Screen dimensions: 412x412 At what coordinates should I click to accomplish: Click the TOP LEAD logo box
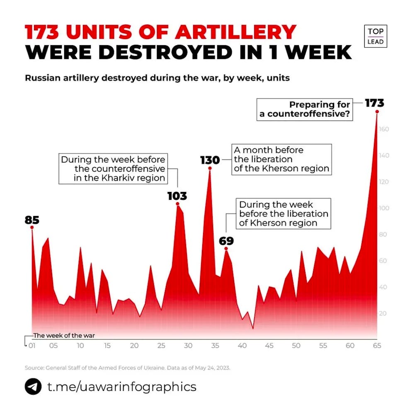point(376,36)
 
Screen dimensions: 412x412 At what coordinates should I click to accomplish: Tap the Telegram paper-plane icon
point(33,387)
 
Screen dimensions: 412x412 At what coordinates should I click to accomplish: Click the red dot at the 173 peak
point(377,111)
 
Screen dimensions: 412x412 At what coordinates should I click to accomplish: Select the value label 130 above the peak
point(210,160)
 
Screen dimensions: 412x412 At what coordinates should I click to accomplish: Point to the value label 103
point(177,196)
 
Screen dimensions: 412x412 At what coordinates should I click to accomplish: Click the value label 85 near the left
point(32,220)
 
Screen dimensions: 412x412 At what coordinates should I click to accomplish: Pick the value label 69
point(226,241)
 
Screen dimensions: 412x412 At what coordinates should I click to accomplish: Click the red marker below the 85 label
point(32,228)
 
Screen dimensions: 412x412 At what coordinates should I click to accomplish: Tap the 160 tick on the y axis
point(383,129)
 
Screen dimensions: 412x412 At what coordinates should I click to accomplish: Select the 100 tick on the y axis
point(383,208)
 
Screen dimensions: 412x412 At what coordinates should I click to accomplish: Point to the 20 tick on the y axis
point(383,313)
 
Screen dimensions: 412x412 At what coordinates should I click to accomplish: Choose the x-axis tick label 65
point(377,346)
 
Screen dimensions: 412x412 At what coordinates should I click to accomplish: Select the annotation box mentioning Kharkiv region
point(113,169)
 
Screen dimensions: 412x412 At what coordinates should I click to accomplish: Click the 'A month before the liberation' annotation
point(281,159)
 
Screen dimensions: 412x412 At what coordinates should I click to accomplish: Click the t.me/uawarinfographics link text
point(121,387)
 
